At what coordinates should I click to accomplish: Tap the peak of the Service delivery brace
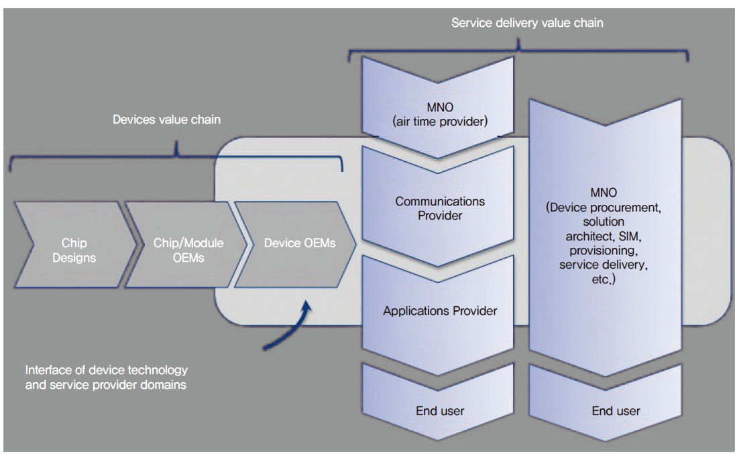(x=520, y=44)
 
